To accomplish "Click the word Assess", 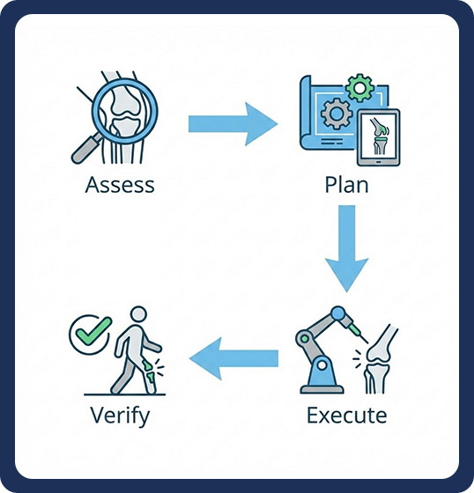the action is (120, 185).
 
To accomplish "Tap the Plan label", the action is (346, 185).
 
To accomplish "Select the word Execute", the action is (346, 416).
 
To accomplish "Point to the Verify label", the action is (120, 416).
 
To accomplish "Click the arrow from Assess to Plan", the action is (233, 124).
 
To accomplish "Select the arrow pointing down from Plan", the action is (347, 248).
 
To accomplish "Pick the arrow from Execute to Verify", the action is (233, 358).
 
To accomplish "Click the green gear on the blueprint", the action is (359, 88).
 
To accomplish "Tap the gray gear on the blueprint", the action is (337, 114).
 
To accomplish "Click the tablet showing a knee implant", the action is (378, 137).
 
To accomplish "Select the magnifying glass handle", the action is (86, 148).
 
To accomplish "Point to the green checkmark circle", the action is (90, 335).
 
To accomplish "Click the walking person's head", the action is (138, 314).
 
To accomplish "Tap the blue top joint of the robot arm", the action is (337, 313).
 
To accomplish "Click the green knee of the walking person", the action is (149, 371).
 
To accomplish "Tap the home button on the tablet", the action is (378, 162).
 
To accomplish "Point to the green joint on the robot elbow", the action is (304, 338).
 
